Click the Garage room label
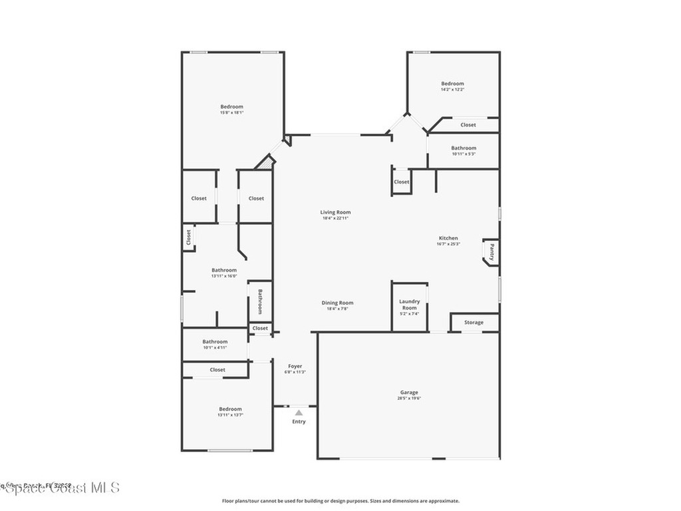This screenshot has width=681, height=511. [x=409, y=393]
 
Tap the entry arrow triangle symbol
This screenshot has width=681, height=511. [x=299, y=413]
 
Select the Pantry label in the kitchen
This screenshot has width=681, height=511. [x=491, y=252]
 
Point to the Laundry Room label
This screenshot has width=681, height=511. [x=409, y=304]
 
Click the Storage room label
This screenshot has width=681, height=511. [x=474, y=323]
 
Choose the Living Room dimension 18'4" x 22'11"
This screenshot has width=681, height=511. [x=336, y=218]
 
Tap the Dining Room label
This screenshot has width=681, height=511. [x=337, y=303]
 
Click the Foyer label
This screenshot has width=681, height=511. [x=295, y=366]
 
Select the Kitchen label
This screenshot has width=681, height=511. [x=448, y=238]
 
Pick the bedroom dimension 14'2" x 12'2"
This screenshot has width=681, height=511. [x=452, y=89]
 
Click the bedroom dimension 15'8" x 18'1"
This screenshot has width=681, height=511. [x=232, y=112]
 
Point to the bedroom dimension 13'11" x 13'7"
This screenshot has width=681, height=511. [x=230, y=415]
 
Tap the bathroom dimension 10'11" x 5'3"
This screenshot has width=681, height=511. [x=464, y=154]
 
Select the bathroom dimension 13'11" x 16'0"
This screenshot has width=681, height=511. [x=224, y=276]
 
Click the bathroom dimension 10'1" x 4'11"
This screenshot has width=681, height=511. [x=215, y=347]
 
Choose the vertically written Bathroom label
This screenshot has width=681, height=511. [x=260, y=301]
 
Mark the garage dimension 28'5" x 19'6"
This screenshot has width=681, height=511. [x=409, y=399]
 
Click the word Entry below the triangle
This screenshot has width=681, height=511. [x=299, y=422]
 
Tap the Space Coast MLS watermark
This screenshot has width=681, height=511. [x=60, y=488]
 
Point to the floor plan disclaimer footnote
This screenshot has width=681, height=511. [x=340, y=501]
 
